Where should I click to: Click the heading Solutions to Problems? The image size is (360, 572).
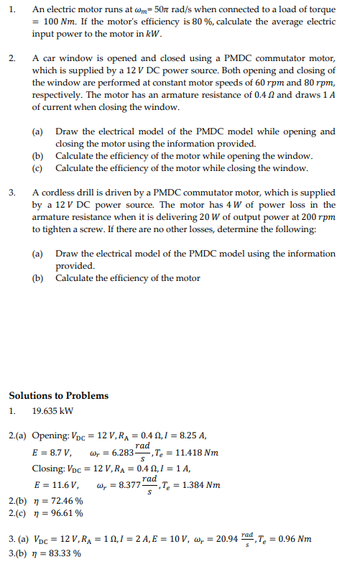click(x=58, y=395)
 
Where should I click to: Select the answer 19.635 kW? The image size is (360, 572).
click(x=52, y=412)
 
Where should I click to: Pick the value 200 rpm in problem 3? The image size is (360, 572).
click(x=316, y=216)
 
